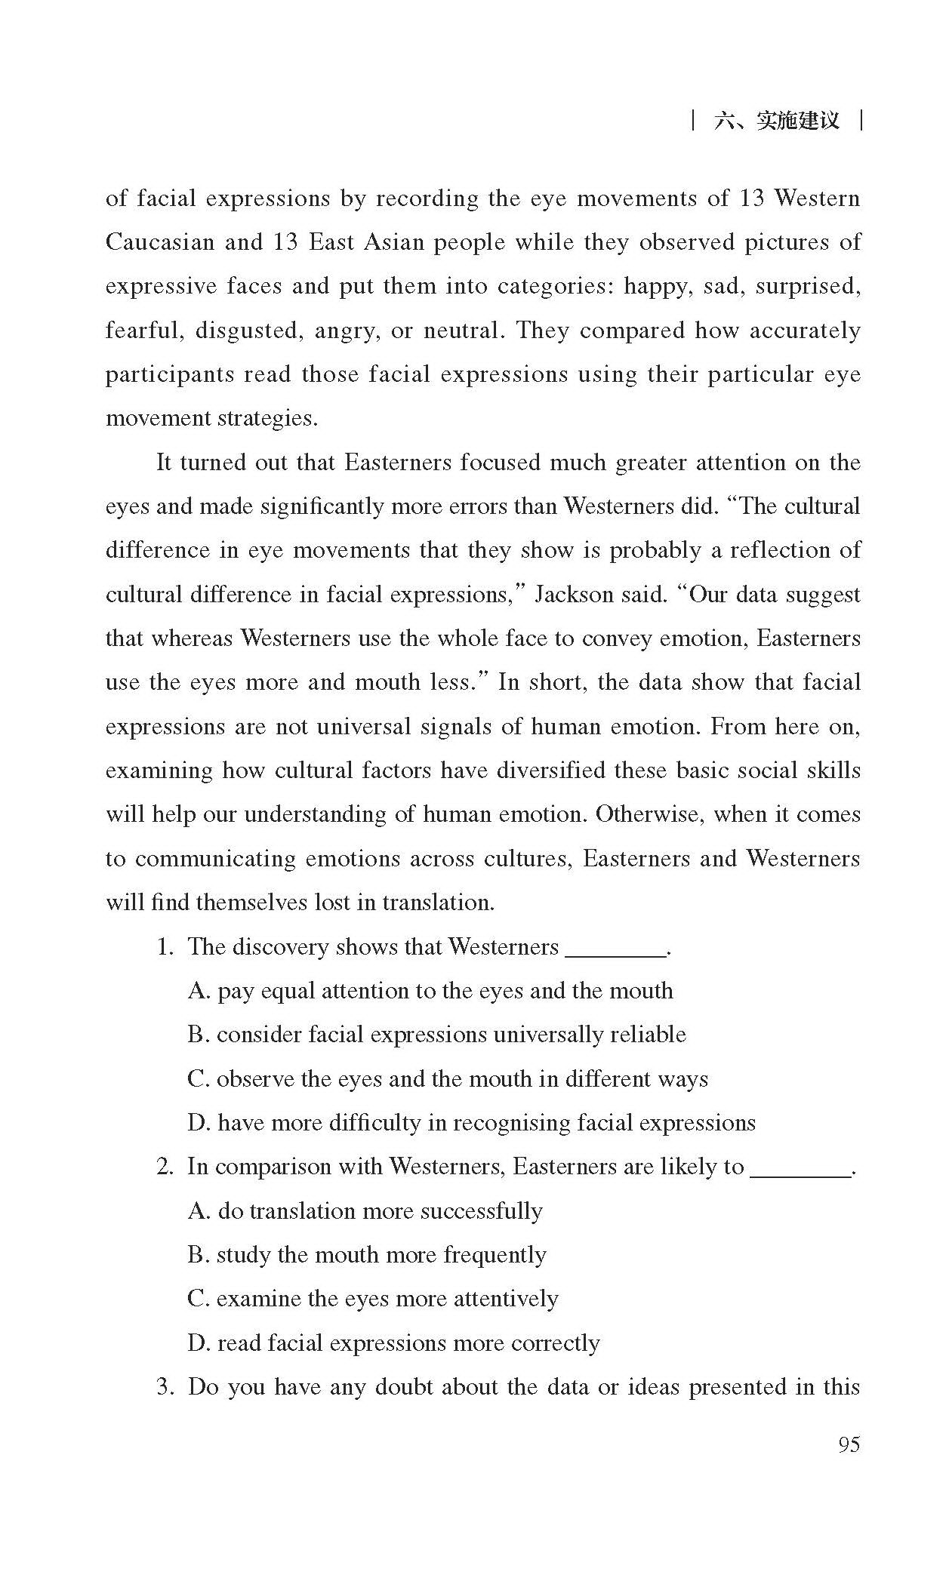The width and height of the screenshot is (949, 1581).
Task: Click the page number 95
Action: point(849,1444)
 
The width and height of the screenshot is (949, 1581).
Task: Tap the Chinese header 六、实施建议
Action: point(776,121)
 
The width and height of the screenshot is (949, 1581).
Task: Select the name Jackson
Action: point(574,595)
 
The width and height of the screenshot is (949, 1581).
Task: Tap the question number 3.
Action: point(165,1387)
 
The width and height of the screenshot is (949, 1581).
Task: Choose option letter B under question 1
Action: point(198,1035)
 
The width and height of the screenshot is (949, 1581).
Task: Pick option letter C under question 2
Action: point(198,1299)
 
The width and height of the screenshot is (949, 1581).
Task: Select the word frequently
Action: point(495,1255)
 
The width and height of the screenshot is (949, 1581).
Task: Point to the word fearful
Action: point(143,331)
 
